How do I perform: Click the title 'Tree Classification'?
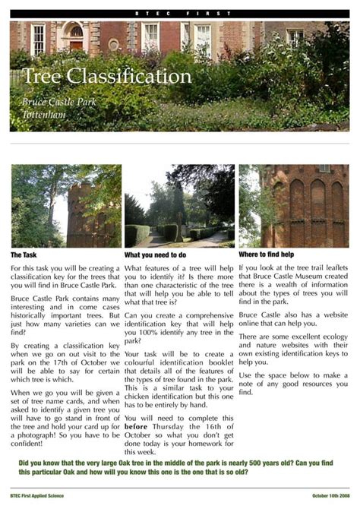(x=107, y=77)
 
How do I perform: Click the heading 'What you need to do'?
(x=155, y=255)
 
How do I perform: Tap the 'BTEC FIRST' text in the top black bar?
(x=179, y=14)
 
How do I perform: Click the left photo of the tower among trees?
(x=66, y=206)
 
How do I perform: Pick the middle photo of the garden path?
(x=179, y=206)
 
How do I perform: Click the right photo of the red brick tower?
(x=294, y=206)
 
